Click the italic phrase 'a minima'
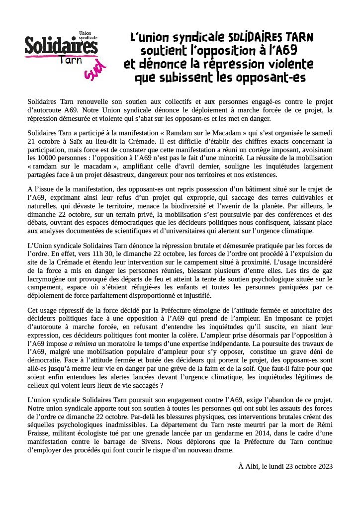83,343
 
